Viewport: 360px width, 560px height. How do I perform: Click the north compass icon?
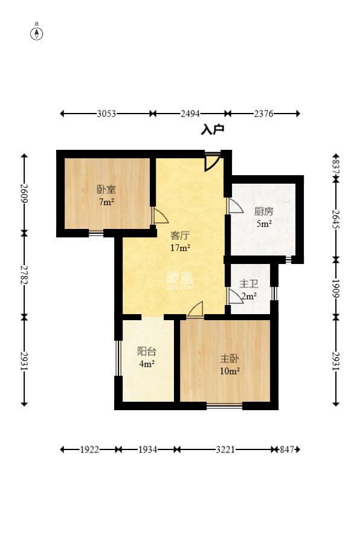pyautogui.click(x=36, y=33)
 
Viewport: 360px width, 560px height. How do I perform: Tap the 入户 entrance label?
pyautogui.click(x=213, y=129)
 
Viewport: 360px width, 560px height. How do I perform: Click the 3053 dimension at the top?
pyautogui.click(x=106, y=114)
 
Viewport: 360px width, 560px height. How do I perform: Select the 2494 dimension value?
pyautogui.click(x=190, y=114)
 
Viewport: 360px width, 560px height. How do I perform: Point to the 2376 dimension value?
pyautogui.click(x=263, y=114)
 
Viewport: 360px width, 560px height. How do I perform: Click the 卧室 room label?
pyautogui.click(x=106, y=189)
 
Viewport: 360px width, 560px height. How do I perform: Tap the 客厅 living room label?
pyautogui.click(x=180, y=236)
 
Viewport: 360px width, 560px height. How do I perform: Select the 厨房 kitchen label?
pyautogui.click(x=264, y=211)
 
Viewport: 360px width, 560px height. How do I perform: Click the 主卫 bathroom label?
pyautogui.click(x=249, y=284)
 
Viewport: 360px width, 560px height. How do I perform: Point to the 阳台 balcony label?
pyautogui.click(x=147, y=352)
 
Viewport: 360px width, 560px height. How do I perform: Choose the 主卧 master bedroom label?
pyautogui.click(x=230, y=359)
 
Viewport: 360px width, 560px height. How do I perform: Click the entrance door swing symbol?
pyautogui.click(x=211, y=163)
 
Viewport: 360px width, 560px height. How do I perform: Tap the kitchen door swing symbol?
pyautogui.click(x=234, y=206)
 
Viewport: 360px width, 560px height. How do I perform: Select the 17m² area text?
pyautogui.click(x=180, y=247)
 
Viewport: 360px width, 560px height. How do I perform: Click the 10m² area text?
pyautogui.click(x=230, y=371)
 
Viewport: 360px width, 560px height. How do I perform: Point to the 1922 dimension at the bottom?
pyautogui.click(x=89, y=449)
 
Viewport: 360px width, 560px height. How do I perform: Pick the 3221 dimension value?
pyautogui.click(x=225, y=449)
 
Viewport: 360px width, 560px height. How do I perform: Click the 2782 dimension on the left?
pyautogui.click(x=24, y=275)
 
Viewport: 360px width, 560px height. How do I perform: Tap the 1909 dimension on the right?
pyautogui.click(x=336, y=288)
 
